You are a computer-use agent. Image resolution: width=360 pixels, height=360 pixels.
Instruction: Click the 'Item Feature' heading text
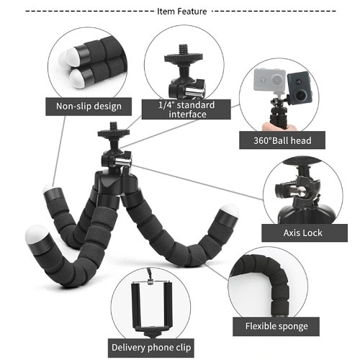182,12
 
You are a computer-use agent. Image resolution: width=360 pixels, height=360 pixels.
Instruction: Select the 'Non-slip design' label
89,107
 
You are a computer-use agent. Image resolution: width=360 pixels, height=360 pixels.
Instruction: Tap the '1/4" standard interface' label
186,109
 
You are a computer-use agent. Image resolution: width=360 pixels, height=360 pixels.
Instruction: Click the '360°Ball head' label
282,140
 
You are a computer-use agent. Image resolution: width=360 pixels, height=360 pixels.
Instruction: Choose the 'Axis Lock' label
305,233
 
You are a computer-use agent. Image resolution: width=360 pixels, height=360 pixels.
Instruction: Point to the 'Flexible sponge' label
276,326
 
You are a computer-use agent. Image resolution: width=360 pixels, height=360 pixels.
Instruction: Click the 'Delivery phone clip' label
151,348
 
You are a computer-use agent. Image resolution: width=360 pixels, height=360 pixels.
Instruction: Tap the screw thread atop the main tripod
114,127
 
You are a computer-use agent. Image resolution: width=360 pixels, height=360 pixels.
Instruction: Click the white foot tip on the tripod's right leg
230,210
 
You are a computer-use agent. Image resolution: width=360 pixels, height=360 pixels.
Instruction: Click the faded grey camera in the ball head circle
270,79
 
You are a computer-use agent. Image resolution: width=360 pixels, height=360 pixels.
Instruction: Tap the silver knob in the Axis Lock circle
299,191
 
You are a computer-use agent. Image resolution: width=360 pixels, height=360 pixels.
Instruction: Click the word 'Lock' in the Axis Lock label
312,233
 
